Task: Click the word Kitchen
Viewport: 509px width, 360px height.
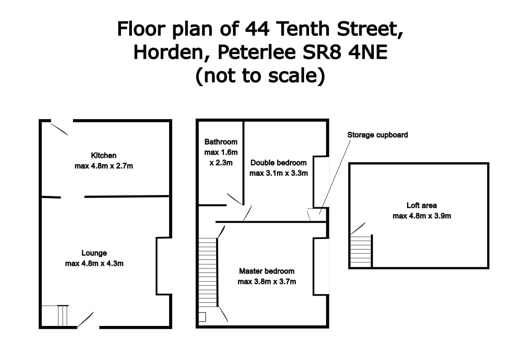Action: coord(103,156)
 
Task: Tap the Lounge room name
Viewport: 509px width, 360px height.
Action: coord(94,253)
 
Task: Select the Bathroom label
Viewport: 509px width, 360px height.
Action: coord(221,142)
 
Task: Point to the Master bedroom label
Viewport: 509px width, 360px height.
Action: coord(267,271)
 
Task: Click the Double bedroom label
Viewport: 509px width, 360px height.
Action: coord(278,163)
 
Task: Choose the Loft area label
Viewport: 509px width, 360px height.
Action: coord(422,205)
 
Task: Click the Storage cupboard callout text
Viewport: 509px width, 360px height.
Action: coord(378,135)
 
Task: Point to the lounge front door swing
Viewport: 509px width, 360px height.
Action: coord(85,320)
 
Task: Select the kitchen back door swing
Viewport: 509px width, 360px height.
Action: coord(59,129)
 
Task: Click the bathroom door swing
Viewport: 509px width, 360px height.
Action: coord(235,199)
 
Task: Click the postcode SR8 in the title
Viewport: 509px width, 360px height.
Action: coord(322,52)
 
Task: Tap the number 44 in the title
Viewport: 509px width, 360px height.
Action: coord(257,29)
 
